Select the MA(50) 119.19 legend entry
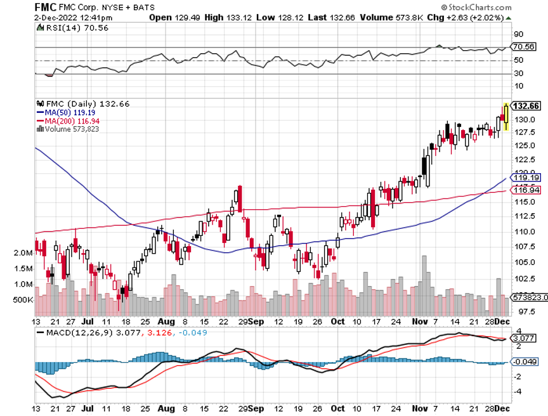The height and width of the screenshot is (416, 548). (68, 112)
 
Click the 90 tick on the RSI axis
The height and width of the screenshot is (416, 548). (518, 34)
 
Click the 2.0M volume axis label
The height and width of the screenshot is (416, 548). (23, 252)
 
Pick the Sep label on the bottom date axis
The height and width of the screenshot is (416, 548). (256, 321)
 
